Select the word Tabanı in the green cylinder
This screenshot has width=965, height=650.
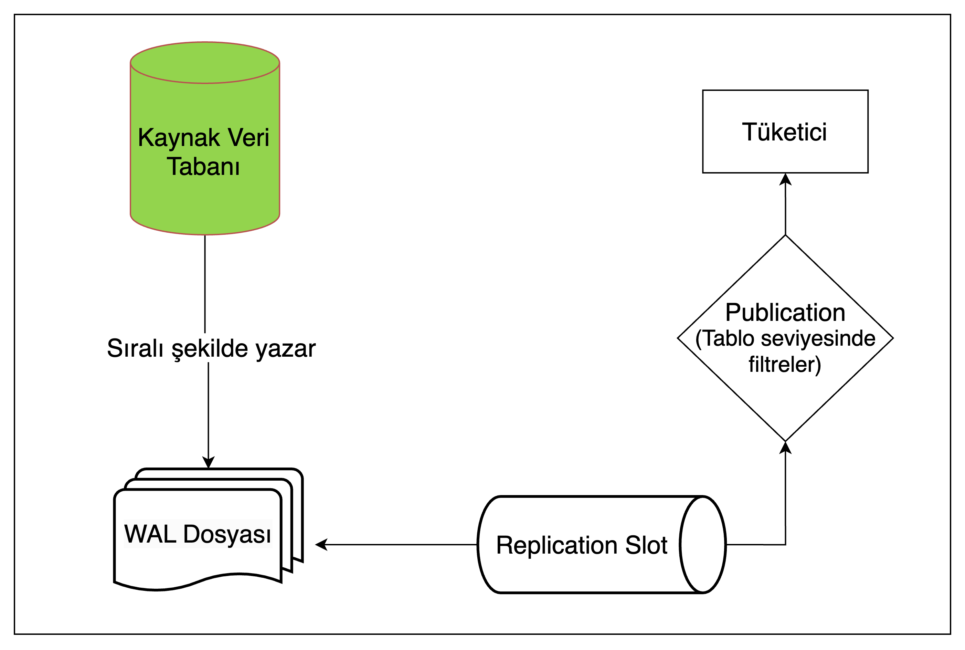click(x=203, y=167)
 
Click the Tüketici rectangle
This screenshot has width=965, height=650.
click(x=785, y=132)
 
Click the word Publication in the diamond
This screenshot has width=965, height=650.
click(x=785, y=313)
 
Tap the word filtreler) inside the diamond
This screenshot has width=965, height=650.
click(x=784, y=365)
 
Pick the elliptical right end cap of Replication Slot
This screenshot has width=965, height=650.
click(x=703, y=545)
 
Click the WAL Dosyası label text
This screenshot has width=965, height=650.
click(x=198, y=534)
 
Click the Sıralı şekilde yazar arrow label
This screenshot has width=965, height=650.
click(x=211, y=348)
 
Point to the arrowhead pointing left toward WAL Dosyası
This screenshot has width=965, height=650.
click(x=321, y=545)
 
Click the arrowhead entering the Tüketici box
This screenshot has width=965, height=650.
click(x=785, y=179)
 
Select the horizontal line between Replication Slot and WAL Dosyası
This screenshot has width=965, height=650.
click(x=402, y=545)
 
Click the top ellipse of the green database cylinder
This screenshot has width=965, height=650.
click(x=205, y=63)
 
